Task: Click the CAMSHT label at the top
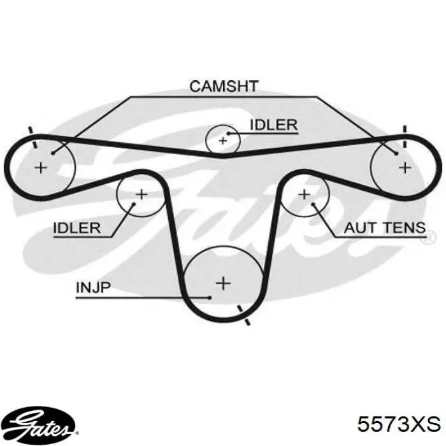click(x=224, y=86)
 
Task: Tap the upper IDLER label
click(x=273, y=125)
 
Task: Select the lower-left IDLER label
click(x=77, y=228)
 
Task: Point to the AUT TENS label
click(x=385, y=228)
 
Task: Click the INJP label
click(x=93, y=287)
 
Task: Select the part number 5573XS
click(x=399, y=424)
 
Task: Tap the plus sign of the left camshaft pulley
click(x=41, y=168)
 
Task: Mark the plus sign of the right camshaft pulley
click(x=405, y=168)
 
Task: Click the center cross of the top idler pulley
click(x=223, y=141)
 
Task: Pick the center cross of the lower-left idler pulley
click(x=141, y=195)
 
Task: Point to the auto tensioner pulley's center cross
click(x=305, y=195)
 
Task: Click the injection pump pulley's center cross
click(x=223, y=284)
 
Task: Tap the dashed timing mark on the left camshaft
click(x=32, y=138)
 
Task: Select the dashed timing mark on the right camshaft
click(x=405, y=137)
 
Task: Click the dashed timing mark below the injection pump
click(x=244, y=315)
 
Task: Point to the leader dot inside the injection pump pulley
click(x=210, y=298)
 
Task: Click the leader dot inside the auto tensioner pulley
click(x=313, y=205)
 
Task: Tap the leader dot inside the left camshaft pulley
click(x=53, y=154)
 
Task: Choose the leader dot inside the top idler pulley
click(x=228, y=133)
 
